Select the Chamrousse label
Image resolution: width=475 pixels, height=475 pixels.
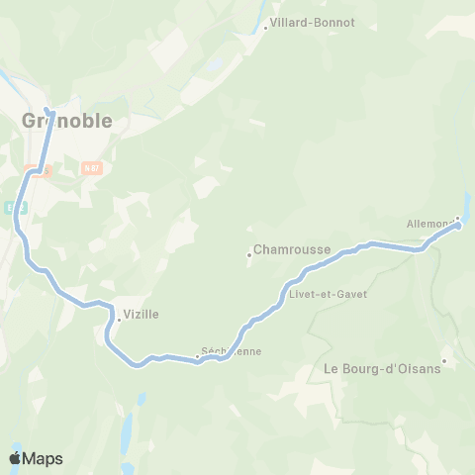click(292, 250)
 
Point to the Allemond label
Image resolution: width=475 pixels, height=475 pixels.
click(429, 225)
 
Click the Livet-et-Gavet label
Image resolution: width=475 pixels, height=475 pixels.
click(328, 294)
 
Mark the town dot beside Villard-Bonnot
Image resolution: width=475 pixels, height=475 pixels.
click(265, 28)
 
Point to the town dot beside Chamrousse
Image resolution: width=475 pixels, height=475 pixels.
click(248, 254)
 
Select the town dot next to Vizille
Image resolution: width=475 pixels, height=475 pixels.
click(119, 319)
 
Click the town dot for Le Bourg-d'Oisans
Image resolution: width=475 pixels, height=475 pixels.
click(445, 360)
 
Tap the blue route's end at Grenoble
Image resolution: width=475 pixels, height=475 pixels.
click(47, 109)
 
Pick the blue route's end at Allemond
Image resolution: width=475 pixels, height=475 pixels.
click(458, 226)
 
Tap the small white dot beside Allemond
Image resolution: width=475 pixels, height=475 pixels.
click(457, 219)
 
